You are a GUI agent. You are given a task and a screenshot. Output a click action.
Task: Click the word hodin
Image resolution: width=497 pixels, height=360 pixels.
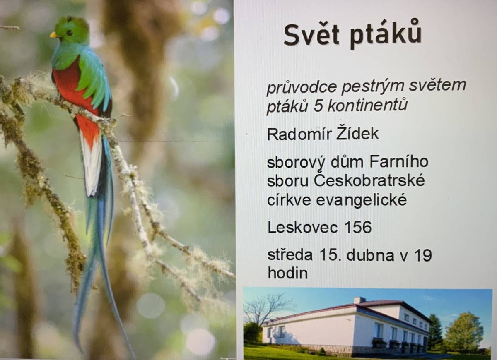click(x=287, y=273)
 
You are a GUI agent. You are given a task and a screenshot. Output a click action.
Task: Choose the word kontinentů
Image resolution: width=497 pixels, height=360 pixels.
click(x=367, y=106)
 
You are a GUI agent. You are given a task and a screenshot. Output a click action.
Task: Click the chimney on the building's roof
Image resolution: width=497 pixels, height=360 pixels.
click(x=359, y=300)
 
